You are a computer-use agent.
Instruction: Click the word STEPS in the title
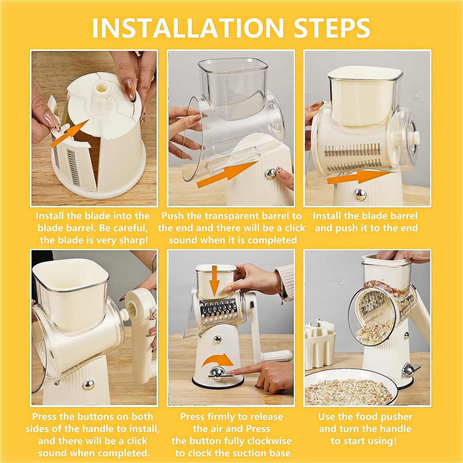point(332,28)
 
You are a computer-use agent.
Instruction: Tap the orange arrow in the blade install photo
point(70,133)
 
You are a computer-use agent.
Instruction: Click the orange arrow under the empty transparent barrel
point(227,174)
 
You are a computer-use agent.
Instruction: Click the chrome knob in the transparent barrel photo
point(271,174)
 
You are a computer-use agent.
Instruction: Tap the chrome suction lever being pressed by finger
point(218,373)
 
